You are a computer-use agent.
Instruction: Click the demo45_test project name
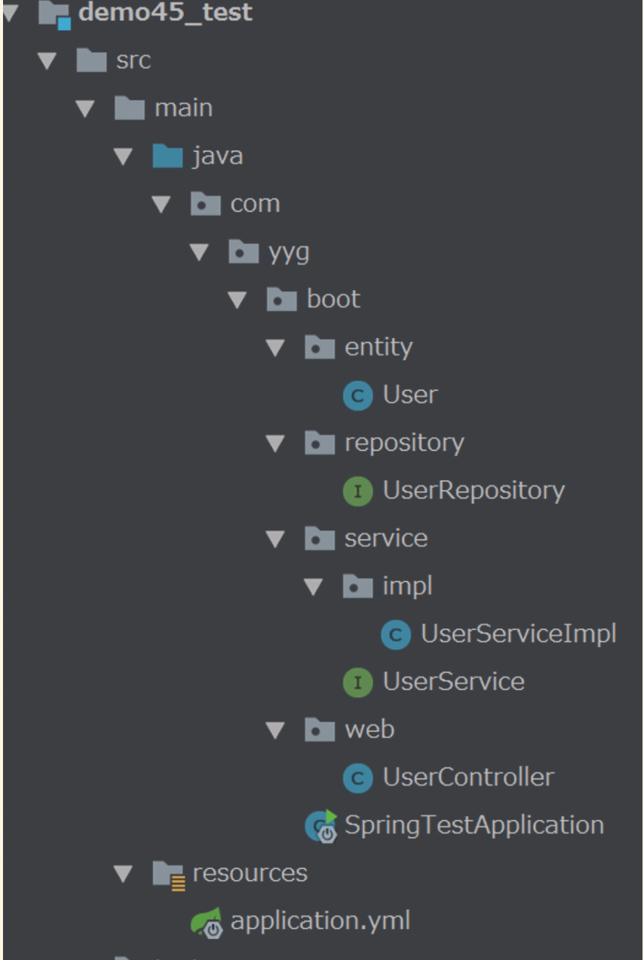(x=165, y=13)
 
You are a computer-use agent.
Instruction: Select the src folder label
(x=133, y=60)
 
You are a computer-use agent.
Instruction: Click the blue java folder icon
(x=167, y=156)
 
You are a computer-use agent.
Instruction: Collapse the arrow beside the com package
(x=161, y=204)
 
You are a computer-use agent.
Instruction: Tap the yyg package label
(x=289, y=252)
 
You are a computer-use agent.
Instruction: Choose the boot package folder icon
(x=281, y=300)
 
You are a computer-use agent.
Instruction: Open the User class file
(x=409, y=395)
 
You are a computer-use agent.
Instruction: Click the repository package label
(x=404, y=443)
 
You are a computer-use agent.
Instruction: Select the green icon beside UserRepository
(x=357, y=491)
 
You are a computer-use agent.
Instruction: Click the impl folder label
(x=407, y=586)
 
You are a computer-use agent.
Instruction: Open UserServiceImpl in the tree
(x=518, y=634)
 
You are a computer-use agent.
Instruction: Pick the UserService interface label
(x=453, y=682)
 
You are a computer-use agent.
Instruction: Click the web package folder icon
(x=319, y=729)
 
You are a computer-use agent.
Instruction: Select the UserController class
(x=468, y=777)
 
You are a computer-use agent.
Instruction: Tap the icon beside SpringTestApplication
(x=321, y=826)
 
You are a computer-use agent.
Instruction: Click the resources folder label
(x=250, y=873)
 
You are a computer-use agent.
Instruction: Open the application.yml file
(x=320, y=921)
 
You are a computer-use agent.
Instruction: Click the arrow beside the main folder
(x=84, y=109)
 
